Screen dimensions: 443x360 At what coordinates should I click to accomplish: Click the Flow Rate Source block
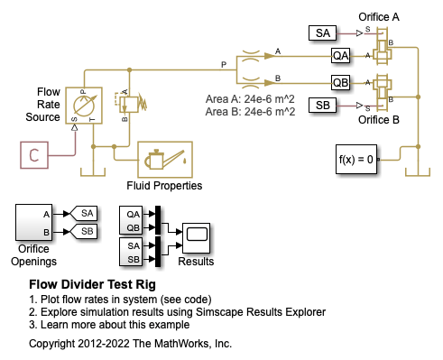[x=84, y=106]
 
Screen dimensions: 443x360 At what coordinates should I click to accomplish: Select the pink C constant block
[x=34, y=155]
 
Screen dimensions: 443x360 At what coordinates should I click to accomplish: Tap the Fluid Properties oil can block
[x=165, y=160]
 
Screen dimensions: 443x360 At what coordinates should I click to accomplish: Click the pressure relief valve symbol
[x=131, y=104]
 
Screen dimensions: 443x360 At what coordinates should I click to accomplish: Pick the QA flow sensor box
[x=340, y=56]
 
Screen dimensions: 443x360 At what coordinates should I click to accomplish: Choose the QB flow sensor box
[x=340, y=82]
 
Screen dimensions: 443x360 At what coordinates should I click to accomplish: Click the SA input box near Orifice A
[x=322, y=33]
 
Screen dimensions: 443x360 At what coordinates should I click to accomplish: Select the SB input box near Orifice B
[x=322, y=106]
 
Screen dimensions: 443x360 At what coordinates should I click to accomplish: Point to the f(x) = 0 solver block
[x=356, y=159]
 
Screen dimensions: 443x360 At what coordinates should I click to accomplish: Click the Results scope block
[x=196, y=238]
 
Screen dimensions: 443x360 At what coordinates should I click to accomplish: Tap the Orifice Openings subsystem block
[x=33, y=223]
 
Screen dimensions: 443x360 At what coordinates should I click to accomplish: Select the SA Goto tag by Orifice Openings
[x=83, y=214]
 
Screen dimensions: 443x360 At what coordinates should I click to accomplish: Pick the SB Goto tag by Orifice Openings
[x=83, y=231]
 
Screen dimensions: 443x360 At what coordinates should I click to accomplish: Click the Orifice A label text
[x=379, y=17]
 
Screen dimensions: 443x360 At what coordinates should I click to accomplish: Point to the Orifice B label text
[x=379, y=120]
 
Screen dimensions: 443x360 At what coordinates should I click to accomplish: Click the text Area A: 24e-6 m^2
[x=250, y=99]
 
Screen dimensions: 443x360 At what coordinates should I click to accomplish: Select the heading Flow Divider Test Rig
[x=92, y=284]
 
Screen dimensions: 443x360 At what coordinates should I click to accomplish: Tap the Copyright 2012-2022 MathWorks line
[x=130, y=344]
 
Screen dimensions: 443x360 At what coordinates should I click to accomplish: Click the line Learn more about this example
[x=109, y=325]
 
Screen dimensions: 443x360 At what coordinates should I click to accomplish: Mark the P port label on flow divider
[x=224, y=65]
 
